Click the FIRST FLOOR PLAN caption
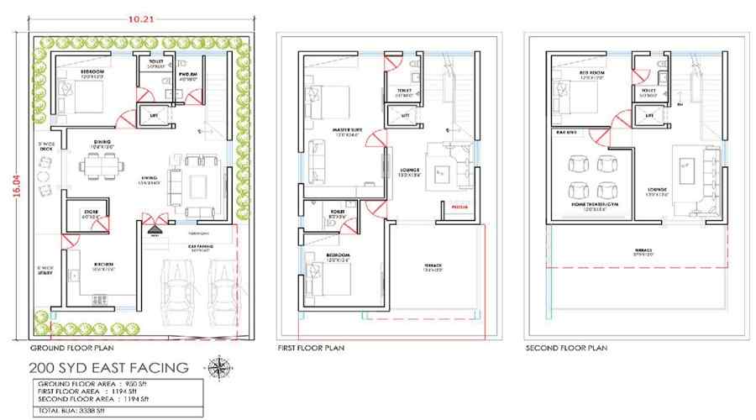310,347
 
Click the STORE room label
92,212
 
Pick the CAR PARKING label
199,246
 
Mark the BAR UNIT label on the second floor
564,132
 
